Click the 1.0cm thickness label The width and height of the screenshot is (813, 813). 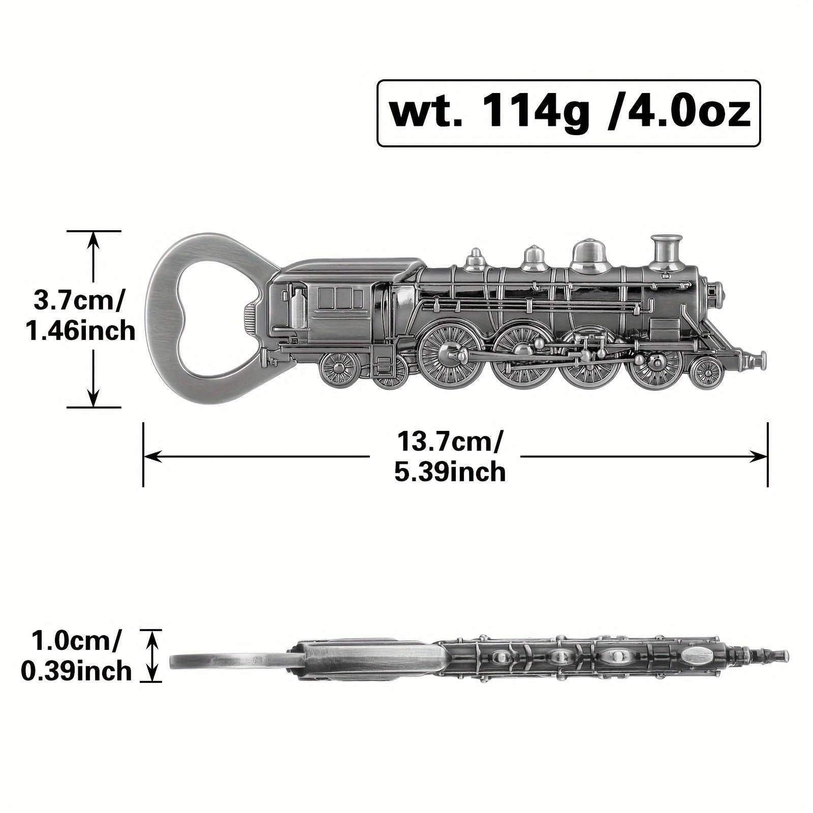76,642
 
